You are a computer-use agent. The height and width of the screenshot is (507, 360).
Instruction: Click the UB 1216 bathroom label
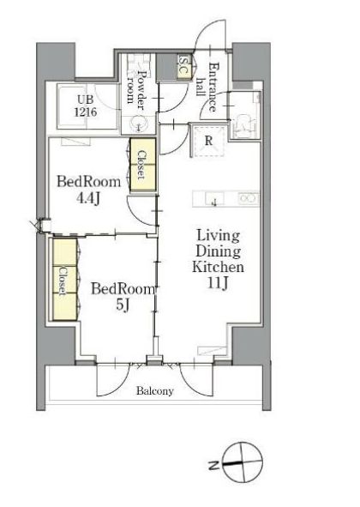(x=86, y=106)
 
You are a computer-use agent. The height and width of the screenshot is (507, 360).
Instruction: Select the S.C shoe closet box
(x=184, y=67)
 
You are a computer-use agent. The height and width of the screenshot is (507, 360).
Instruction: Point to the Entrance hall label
(x=208, y=87)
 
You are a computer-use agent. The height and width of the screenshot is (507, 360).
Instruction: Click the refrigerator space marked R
(x=208, y=141)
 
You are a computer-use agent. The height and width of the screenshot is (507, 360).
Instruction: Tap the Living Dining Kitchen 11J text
(x=218, y=259)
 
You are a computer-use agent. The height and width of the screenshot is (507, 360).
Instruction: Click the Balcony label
(x=155, y=391)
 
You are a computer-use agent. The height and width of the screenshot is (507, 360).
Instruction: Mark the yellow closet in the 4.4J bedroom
(x=143, y=166)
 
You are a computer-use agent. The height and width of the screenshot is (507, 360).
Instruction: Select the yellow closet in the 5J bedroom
(x=64, y=280)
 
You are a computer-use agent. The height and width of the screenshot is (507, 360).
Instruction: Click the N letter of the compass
(x=213, y=466)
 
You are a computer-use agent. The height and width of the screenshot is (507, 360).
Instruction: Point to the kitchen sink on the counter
(x=214, y=198)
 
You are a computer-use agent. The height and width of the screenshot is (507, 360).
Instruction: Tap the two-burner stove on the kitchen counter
(x=249, y=198)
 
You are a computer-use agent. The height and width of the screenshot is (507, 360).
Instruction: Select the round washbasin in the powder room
(x=139, y=124)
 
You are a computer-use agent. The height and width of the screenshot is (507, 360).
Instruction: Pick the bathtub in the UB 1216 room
(x=72, y=106)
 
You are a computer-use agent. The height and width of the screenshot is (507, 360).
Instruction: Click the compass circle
(x=243, y=462)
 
